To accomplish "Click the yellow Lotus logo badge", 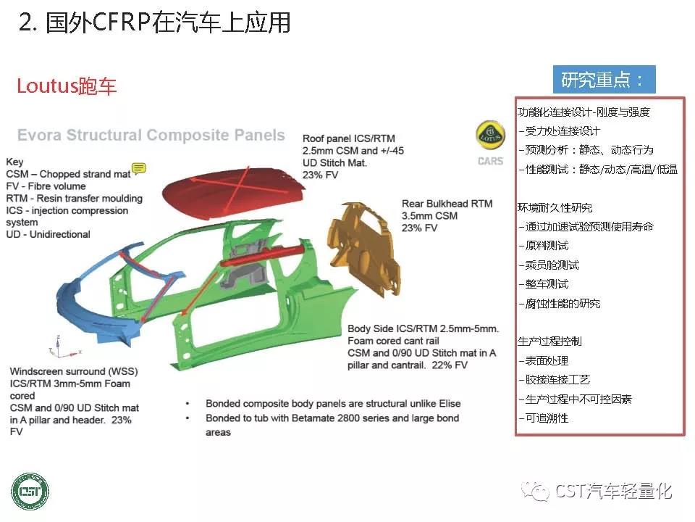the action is [490, 136].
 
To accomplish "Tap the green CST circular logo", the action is [30, 492].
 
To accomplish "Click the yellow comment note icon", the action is [139, 167].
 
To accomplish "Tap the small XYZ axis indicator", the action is [62, 349].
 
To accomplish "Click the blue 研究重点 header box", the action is [604, 80].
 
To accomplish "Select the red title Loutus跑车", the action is [67, 86].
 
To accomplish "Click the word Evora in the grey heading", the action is [39, 135].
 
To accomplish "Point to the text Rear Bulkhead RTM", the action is [447, 204].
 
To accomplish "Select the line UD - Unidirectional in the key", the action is [49, 234].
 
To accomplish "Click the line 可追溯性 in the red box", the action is [544, 418].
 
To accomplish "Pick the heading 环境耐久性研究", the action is [555, 207].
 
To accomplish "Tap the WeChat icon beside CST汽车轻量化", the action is [535, 492].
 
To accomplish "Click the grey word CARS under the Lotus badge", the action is [490, 161].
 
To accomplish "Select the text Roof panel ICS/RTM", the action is [349, 138].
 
